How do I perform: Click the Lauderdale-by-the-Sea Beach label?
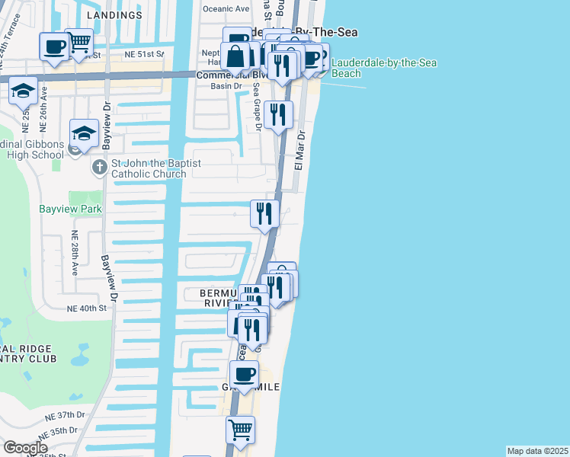tap(384, 68)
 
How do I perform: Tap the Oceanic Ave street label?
tap(226, 8)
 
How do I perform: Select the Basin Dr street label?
tap(226, 86)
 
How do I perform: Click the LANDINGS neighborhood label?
tap(114, 15)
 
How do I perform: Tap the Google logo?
tap(25, 448)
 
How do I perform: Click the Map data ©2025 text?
tap(537, 451)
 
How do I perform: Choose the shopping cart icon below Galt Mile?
tap(240, 429)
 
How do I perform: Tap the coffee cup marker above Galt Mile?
tap(244, 373)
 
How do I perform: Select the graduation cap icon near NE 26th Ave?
tap(24, 90)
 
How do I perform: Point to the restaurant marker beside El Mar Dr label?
tap(278, 114)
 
